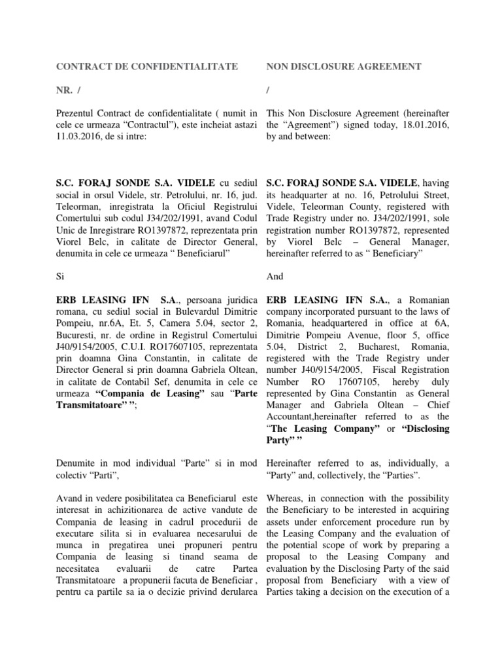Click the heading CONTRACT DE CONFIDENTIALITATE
pyautogui.click(x=148, y=66)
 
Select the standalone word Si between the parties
pyautogui.click(x=62, y=277)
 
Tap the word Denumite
pyautogui.click(x=77, y=463)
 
